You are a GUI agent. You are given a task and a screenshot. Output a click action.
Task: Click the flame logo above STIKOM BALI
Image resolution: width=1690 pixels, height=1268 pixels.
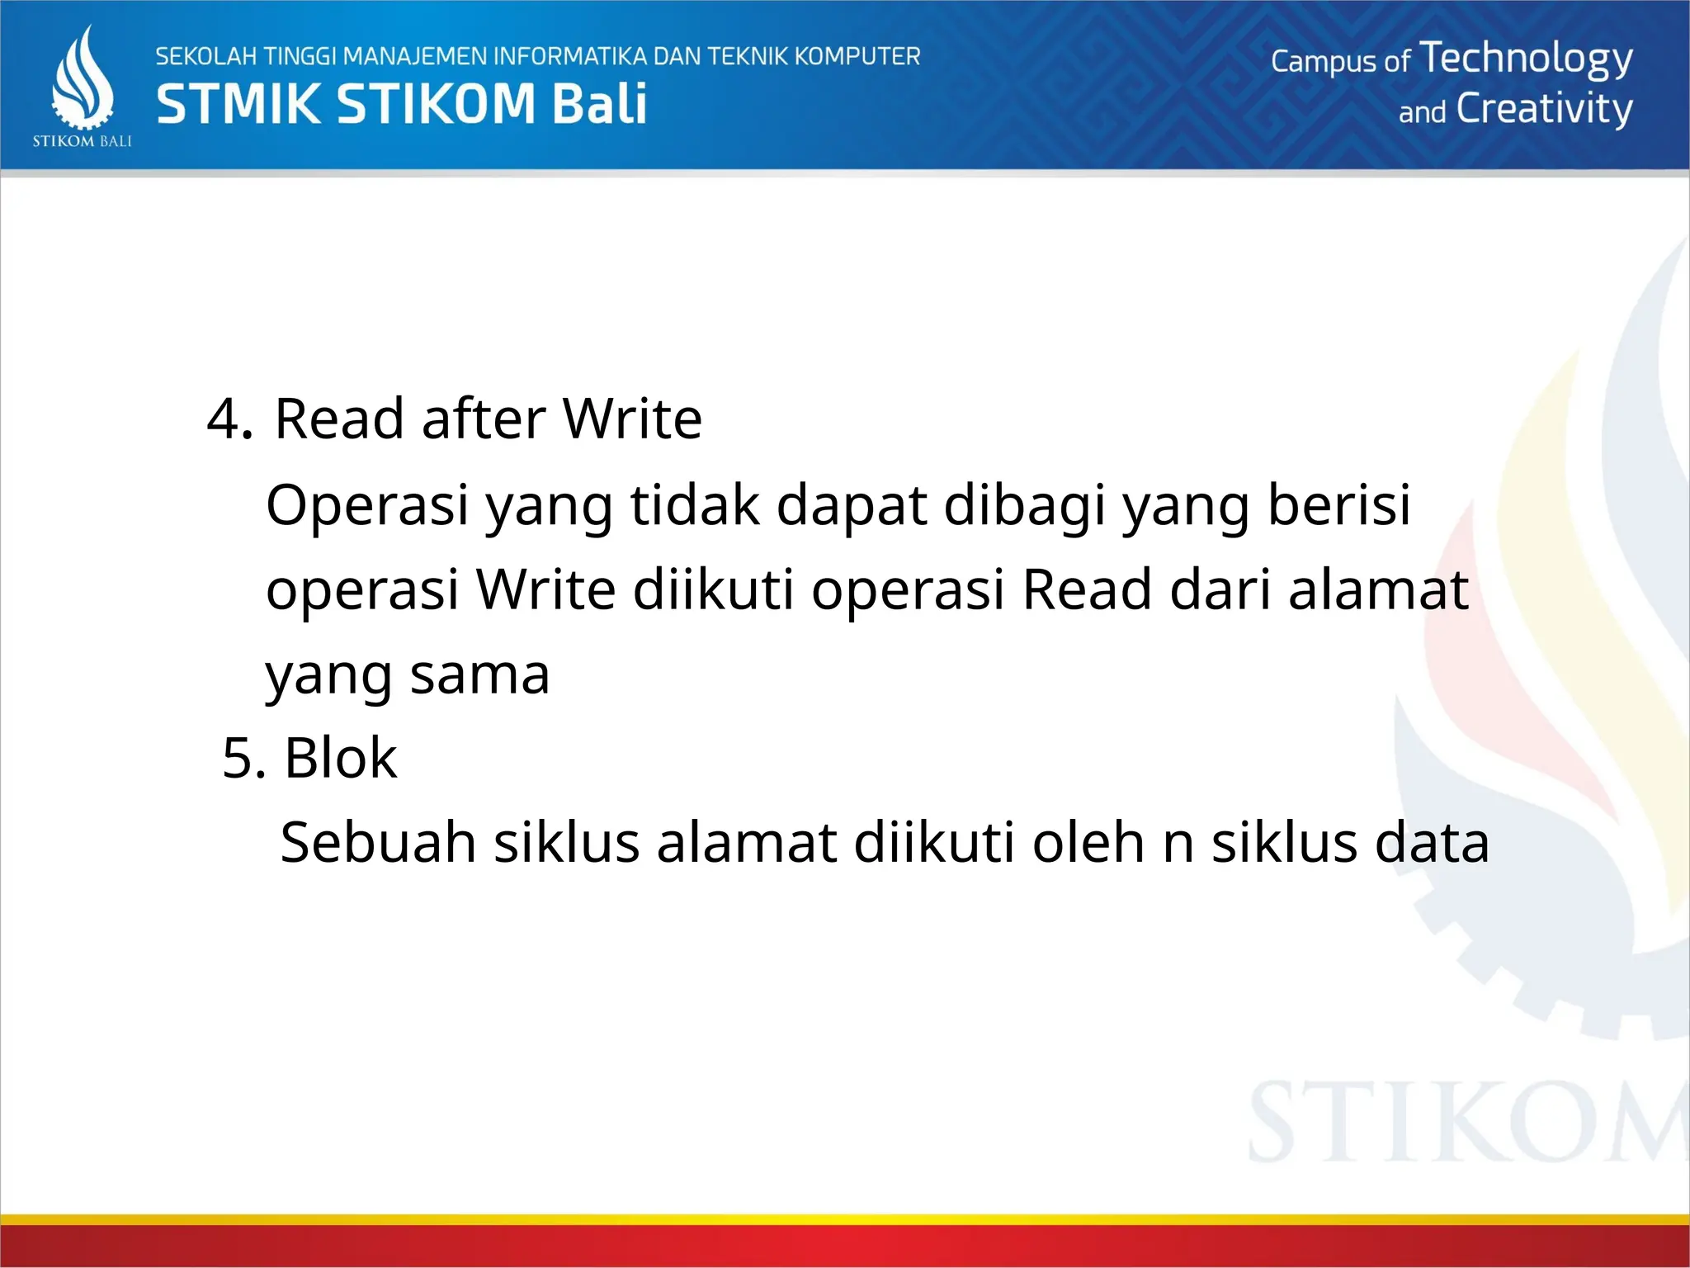pos(83,78)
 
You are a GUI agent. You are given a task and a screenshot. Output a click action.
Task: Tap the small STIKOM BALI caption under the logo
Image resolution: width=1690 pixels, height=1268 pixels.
pos(82,141)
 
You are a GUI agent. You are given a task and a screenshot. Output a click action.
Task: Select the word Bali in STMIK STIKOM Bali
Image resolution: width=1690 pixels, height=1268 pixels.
pos(599,105)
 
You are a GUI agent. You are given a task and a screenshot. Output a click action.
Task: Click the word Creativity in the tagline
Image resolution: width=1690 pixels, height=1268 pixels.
pos(1544,110)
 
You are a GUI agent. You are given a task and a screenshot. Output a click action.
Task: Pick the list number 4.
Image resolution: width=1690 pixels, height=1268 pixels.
pos(228,419)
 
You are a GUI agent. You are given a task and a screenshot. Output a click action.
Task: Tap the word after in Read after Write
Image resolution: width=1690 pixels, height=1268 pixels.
pos(484,419)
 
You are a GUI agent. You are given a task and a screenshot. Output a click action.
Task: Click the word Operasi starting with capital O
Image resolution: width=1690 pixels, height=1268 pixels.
pos(367,504)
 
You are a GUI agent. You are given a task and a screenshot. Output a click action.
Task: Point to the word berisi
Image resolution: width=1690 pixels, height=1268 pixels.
pos(1339,504)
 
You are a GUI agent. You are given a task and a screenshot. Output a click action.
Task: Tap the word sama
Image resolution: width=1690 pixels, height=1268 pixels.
pos(479,674)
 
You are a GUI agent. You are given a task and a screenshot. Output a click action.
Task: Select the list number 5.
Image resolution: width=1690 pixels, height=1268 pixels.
pos(243,758)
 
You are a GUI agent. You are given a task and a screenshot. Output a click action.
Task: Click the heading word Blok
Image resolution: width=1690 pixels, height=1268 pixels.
pos(340,758)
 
